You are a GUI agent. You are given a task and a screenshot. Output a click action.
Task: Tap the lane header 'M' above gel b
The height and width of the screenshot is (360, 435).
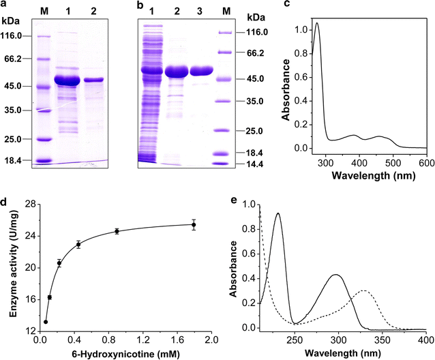pyautogui.click(x=224, y=14)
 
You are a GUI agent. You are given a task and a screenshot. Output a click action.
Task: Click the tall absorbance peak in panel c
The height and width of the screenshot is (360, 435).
pyautogui.click(x=316, y=24)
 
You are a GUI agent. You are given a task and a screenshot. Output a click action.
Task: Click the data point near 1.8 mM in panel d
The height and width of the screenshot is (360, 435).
pyautogui.click(x=194, y=225)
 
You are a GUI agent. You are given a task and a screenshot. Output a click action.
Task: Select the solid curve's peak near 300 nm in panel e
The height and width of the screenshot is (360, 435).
pyautogui.click(x=336, y=275)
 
